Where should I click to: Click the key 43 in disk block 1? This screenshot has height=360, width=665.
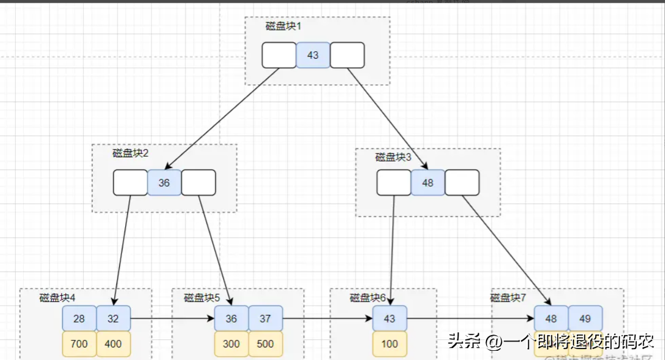[x=313, y=55]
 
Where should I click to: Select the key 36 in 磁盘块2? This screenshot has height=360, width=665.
[x=164, y=183]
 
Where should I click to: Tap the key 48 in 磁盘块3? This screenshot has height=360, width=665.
[x=428, y=183]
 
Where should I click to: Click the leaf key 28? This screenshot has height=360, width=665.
[x=79, y=318]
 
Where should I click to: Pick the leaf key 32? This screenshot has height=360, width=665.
[x=113, y=318]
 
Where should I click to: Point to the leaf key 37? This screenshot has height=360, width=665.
[x=266, y=318]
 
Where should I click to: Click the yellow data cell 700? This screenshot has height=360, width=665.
[x=79, y=344]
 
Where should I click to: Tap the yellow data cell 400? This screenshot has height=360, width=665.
[x=113, y=344]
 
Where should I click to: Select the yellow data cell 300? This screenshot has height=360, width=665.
[x=231, y=344]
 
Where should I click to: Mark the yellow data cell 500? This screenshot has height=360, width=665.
[x=266, y=344]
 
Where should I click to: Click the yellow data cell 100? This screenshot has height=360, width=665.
[x=390, y=344]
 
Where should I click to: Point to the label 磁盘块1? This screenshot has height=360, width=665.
[x=283, y=26]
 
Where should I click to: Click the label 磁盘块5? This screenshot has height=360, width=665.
[x=202, y=297]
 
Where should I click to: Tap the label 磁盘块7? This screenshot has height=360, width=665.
[x=508, y=297]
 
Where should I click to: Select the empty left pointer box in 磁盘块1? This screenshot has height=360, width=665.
[x=279, y=55]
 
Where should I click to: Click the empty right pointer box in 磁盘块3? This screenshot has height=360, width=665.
[x=462, y=183]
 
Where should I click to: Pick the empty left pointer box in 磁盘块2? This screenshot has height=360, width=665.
[x=130, y=183]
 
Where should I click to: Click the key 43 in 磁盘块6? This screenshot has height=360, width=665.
[x=390, y=318]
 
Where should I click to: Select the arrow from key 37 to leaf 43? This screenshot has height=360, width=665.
[x=328, y=318]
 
